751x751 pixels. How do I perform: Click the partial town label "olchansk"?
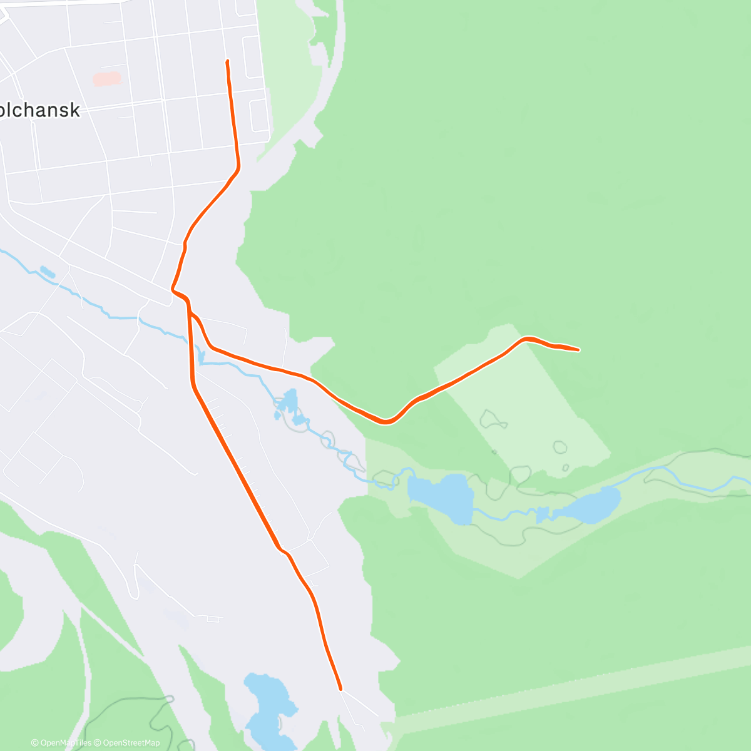coord(41,110)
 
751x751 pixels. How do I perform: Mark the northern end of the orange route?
coord(227,61)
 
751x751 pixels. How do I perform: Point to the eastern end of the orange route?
coord(577,349)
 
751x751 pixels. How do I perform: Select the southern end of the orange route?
coord(340,689)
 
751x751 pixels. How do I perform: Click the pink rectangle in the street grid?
coord(107,79)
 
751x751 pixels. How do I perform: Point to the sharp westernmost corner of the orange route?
coord(173,289)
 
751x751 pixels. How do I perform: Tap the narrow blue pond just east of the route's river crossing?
coord(201,357)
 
